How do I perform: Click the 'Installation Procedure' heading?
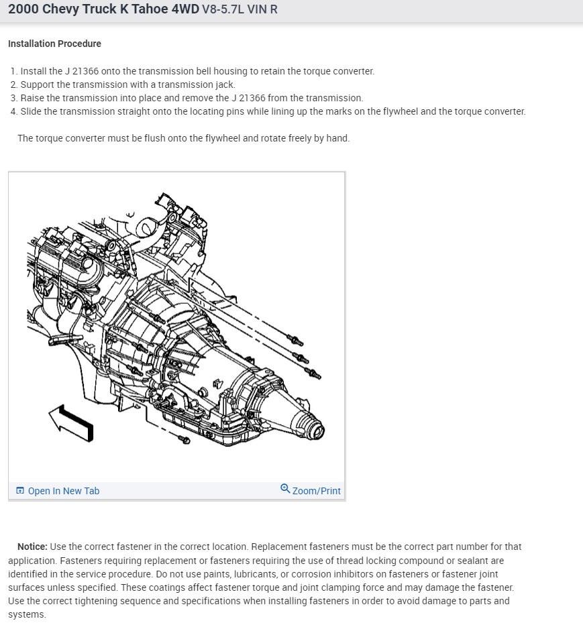(54, 44)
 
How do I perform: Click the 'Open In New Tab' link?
(63, 491)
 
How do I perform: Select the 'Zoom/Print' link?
(316, 491)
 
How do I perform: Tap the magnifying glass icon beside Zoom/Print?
(285, 489)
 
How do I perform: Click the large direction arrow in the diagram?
(71, 423)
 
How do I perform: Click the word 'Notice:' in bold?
(32, 547)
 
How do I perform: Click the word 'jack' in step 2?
(225, 84)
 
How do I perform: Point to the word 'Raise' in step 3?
(33, 98)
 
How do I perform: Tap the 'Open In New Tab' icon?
(19, 491)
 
